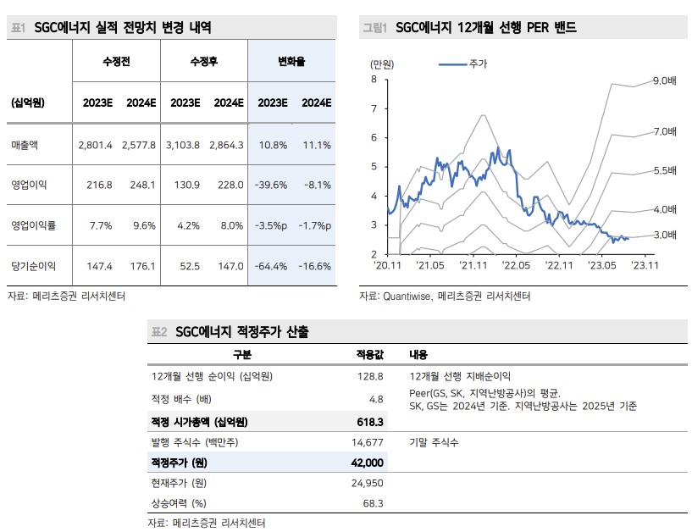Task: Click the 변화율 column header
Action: coord(292,62)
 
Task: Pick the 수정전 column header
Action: coord(116,62)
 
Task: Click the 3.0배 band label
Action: coord(664,235)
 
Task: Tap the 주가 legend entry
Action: coord(477,64)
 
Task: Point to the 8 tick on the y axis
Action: coord(374,80)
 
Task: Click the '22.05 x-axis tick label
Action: coord(517,265)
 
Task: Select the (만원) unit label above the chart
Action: coord(382,64)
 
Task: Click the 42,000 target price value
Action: coord(366,463)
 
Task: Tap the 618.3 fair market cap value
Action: coord(370,421)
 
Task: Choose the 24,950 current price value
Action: coord(367,483)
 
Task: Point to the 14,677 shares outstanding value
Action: coord(367,442)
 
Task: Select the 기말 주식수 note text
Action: coord(433,442)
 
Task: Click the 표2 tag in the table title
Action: coord(159,332)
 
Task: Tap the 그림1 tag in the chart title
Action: coord(374,28)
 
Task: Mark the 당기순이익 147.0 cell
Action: coord(229,266)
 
